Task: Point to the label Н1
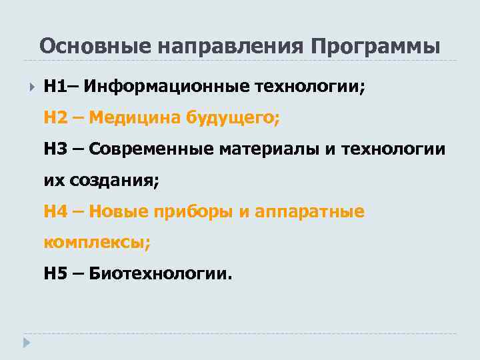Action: click(54, 87)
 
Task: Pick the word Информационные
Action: click(165, 87)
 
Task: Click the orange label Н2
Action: click(56, 118)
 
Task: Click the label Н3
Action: click(56, 149)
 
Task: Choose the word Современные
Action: click(150, 149)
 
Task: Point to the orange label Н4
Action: click(56, 211)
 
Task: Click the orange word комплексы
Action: click(97, 243)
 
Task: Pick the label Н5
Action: click(56, 273)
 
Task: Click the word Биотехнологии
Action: click(161, 273)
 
